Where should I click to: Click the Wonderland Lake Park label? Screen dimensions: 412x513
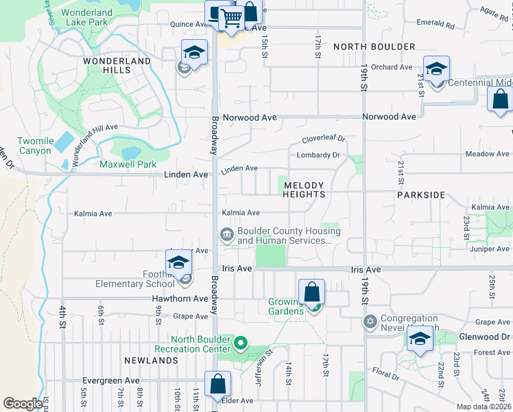coord(88,16)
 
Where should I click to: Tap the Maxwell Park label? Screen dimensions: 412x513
coord(128,165)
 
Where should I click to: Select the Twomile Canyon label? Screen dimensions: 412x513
coord(35,146)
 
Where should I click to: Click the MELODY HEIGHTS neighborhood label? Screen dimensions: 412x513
coord(305,190)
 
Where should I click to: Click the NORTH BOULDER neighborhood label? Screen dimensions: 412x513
coord(374,47)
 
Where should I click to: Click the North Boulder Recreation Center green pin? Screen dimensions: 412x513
coord(241,341)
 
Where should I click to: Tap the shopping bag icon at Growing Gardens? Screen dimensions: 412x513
coord(311,292)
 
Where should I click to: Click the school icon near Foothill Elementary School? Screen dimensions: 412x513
coord(178,262)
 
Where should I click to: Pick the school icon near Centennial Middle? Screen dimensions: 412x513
coord(436,69)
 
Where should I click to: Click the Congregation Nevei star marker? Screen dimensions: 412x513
coord(370,321)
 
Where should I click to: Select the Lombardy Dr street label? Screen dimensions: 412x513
coord(318,155)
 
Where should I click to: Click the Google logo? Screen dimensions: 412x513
coord(23,404)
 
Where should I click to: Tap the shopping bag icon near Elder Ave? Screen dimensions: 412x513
coord(217,385)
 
